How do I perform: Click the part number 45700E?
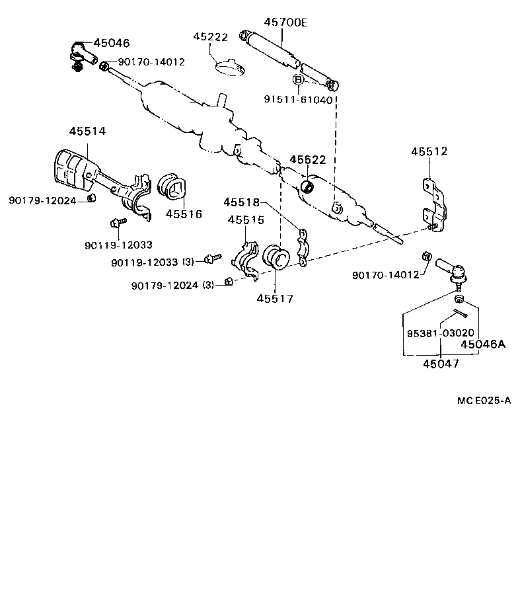click(285, 22)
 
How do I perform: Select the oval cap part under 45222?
click(230, 66)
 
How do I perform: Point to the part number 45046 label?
click(112, 43)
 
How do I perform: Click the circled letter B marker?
click(299, 80)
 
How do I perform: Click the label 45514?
click(87, 132)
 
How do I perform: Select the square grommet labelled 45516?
click(174, 187)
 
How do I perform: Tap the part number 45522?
click(308, 161)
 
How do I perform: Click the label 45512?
click(429, 151)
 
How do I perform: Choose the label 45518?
click(241, 202)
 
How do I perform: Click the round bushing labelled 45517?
click(276, 257)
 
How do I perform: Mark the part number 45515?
click(246, 220)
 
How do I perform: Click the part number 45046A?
click(482, 344)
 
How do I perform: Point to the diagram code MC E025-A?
click(484, 401)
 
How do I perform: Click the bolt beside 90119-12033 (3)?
click(212, 258)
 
